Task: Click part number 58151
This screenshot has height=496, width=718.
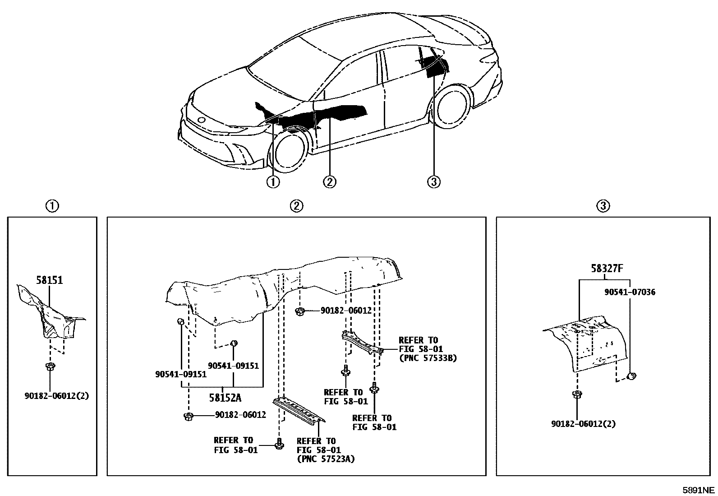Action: click(x=50, y=280)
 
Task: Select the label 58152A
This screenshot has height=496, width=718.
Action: click(x=225, y=398)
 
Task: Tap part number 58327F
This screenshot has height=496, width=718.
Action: click(x=607, y=269)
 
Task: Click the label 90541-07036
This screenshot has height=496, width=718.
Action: click(x=630, y=292)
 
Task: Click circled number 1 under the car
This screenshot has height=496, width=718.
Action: click(x=273, y=182)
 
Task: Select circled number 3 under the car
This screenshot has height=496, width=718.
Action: click(x=433, y=182)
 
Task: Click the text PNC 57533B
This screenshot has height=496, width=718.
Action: click(x=428, y=358)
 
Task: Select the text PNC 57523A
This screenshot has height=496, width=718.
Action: click(x=326, y=459)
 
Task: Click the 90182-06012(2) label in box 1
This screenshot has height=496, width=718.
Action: click(x=56, y=396)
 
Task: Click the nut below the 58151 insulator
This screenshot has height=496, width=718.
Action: click(x=50, y=366)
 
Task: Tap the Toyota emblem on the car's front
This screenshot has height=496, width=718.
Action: click(x=201, y=120)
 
